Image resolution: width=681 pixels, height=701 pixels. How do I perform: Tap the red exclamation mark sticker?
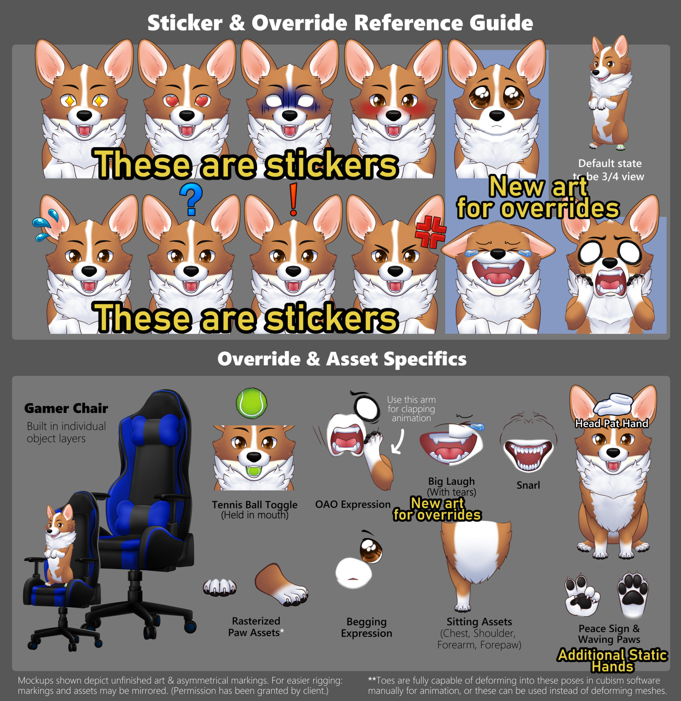pyautogui.click(x=293, y=199)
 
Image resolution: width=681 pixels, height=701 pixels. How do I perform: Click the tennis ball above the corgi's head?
pyautogui.click(x=251, y=403)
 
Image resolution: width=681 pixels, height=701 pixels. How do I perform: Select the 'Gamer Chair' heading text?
pyautogui.click(x=66, y=408)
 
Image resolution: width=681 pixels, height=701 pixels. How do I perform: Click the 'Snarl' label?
pyautogui.click(x=528, y=485)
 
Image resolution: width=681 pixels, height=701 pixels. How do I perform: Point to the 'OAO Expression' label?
pyautogui.click(x=353, y=504)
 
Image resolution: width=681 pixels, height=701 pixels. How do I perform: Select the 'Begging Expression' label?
pyautogui.click(x=366, y=627)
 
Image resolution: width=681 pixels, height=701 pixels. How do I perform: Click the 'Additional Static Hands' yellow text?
pyautogui.click(x=612, y=660)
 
